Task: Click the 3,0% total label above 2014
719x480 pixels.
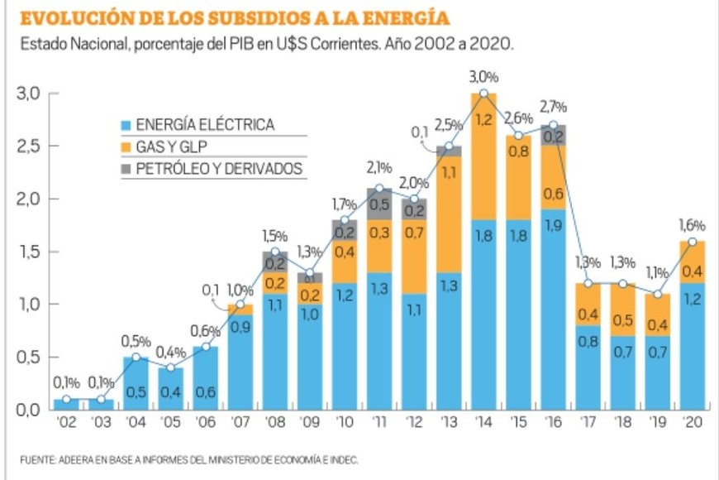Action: (483, 77)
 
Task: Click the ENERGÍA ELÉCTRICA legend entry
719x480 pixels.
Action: (205, 126)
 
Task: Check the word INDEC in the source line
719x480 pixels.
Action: (343, 460)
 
